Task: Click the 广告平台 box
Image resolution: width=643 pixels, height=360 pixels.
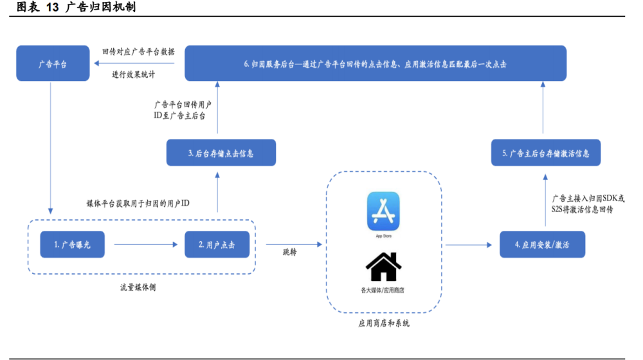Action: click(53, 63)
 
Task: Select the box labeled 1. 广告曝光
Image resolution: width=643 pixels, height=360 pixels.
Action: click(72, 244)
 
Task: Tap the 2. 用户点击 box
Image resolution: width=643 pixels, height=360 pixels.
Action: click(217, 244)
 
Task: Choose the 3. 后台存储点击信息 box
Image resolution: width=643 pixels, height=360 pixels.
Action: click(221, 152)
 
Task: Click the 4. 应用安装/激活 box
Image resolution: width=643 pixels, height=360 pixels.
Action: click(542, 244)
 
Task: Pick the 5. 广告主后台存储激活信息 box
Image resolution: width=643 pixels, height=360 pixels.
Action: click(546, 152)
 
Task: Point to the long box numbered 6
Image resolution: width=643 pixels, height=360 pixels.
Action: click(376, 63)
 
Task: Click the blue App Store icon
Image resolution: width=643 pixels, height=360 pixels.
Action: click(383, 211)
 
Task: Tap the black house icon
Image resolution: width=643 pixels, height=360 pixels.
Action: click(383, 267)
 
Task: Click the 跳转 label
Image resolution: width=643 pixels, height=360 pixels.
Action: click(289, 252)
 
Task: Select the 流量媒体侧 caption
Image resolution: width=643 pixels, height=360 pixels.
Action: click(138, 287)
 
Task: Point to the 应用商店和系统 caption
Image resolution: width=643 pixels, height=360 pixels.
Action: click(384, 323)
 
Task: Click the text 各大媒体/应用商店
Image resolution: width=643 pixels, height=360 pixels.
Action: click(383, 291)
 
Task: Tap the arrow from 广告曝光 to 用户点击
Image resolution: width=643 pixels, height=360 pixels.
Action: click(145, 244)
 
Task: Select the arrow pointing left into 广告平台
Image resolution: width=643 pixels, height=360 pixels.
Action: click(134, 63)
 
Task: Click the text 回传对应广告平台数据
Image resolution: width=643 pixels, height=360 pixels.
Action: click(139, 51)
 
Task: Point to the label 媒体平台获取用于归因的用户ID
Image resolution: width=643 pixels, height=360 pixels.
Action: click(138, 203)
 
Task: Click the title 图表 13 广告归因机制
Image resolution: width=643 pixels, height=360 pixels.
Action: click(77, 7)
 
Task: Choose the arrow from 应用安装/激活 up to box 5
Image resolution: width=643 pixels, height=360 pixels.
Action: click(545, 200)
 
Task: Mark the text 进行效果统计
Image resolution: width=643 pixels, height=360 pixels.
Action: click(134, 74)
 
